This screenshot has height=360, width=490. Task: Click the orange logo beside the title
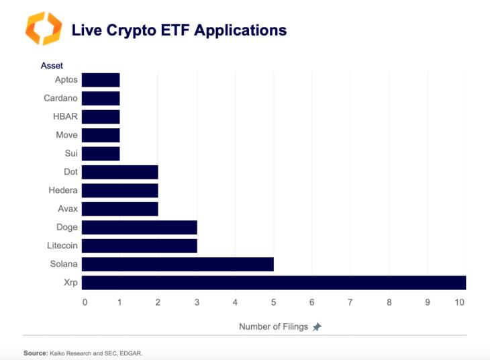point(43,28)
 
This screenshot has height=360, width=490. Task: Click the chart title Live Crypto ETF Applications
point(179,30)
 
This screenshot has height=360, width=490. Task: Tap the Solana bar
point(178,264)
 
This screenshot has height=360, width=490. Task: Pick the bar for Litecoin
point(140,246)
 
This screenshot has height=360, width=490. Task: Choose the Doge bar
point(140,227)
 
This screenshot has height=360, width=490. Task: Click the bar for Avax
point(120,209)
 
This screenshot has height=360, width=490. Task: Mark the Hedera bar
point(120,191)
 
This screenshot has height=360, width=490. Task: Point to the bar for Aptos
point(101,80)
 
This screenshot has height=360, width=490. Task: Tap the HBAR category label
point(65,117)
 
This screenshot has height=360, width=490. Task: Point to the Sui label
point(71,154)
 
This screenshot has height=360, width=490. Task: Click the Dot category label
point(70,172)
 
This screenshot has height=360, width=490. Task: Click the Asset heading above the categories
point(51,66)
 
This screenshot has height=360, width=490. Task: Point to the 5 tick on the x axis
point(273,302)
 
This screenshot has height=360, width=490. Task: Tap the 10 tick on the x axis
point(460,302)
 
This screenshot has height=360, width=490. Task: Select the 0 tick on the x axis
point(85,302)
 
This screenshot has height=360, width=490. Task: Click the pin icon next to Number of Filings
point(317,327)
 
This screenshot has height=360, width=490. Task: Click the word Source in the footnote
point(35,352)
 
